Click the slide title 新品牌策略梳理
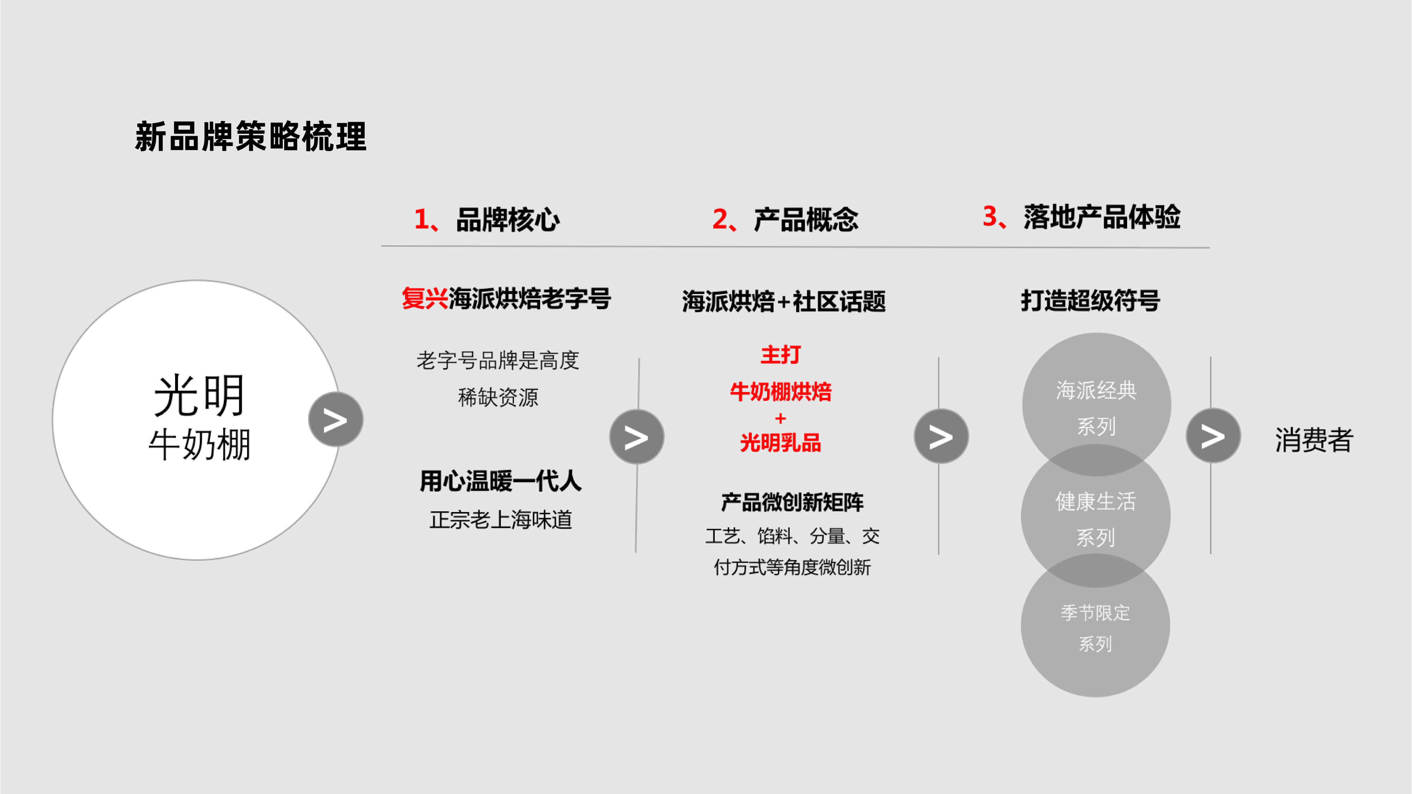pyautogui.click(x=251, y=137)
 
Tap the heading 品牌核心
pyautogui.click(x=508, y=220)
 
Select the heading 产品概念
pyautogui.click(x=806, y=220)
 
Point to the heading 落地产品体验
pyautogui.click(x=1102, y=217)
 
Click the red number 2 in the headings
pyautogui.click(x=720, y=220)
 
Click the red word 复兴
pyautogui.click(x=425, y=299)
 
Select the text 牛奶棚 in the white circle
pyautogui.click(x=199, y=444)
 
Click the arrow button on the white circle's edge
pyautogui.click(x=335, y=420)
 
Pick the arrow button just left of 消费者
pyautogui.click(x=1213, y=435)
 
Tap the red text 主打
pyautogui.click(x=780, y=355)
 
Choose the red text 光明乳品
pyautogui.click(x=780, y=443)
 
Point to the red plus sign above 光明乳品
pyautogui.click(x=780, y=419)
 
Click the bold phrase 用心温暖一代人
pyautogui.click(x=501, y=481)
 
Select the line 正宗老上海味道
pyautogui.click(x=501, y=519)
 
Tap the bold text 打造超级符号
pyautogui.click(x=1090, y=301)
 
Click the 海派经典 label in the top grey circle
pyautogui.click(x=1096, y=391)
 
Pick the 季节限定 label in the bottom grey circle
pyautogui.click(x=1095, y=613)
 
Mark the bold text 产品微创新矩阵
pyautogui.click(x=792, y=502)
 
